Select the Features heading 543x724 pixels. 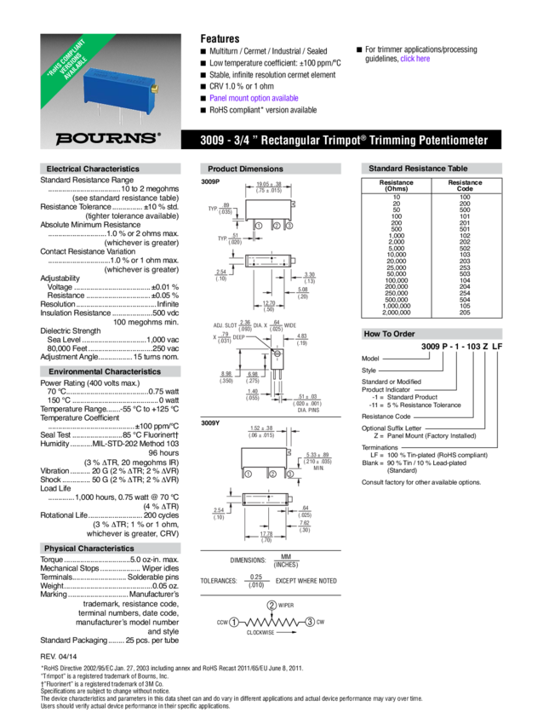click(x=220, y=38)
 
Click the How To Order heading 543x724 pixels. click(x=390, y=334)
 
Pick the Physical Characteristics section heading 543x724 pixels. click(x=89, y=549)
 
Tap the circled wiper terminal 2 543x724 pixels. click(x=271, y=604)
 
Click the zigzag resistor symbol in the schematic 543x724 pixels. click(x=272, y=623)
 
